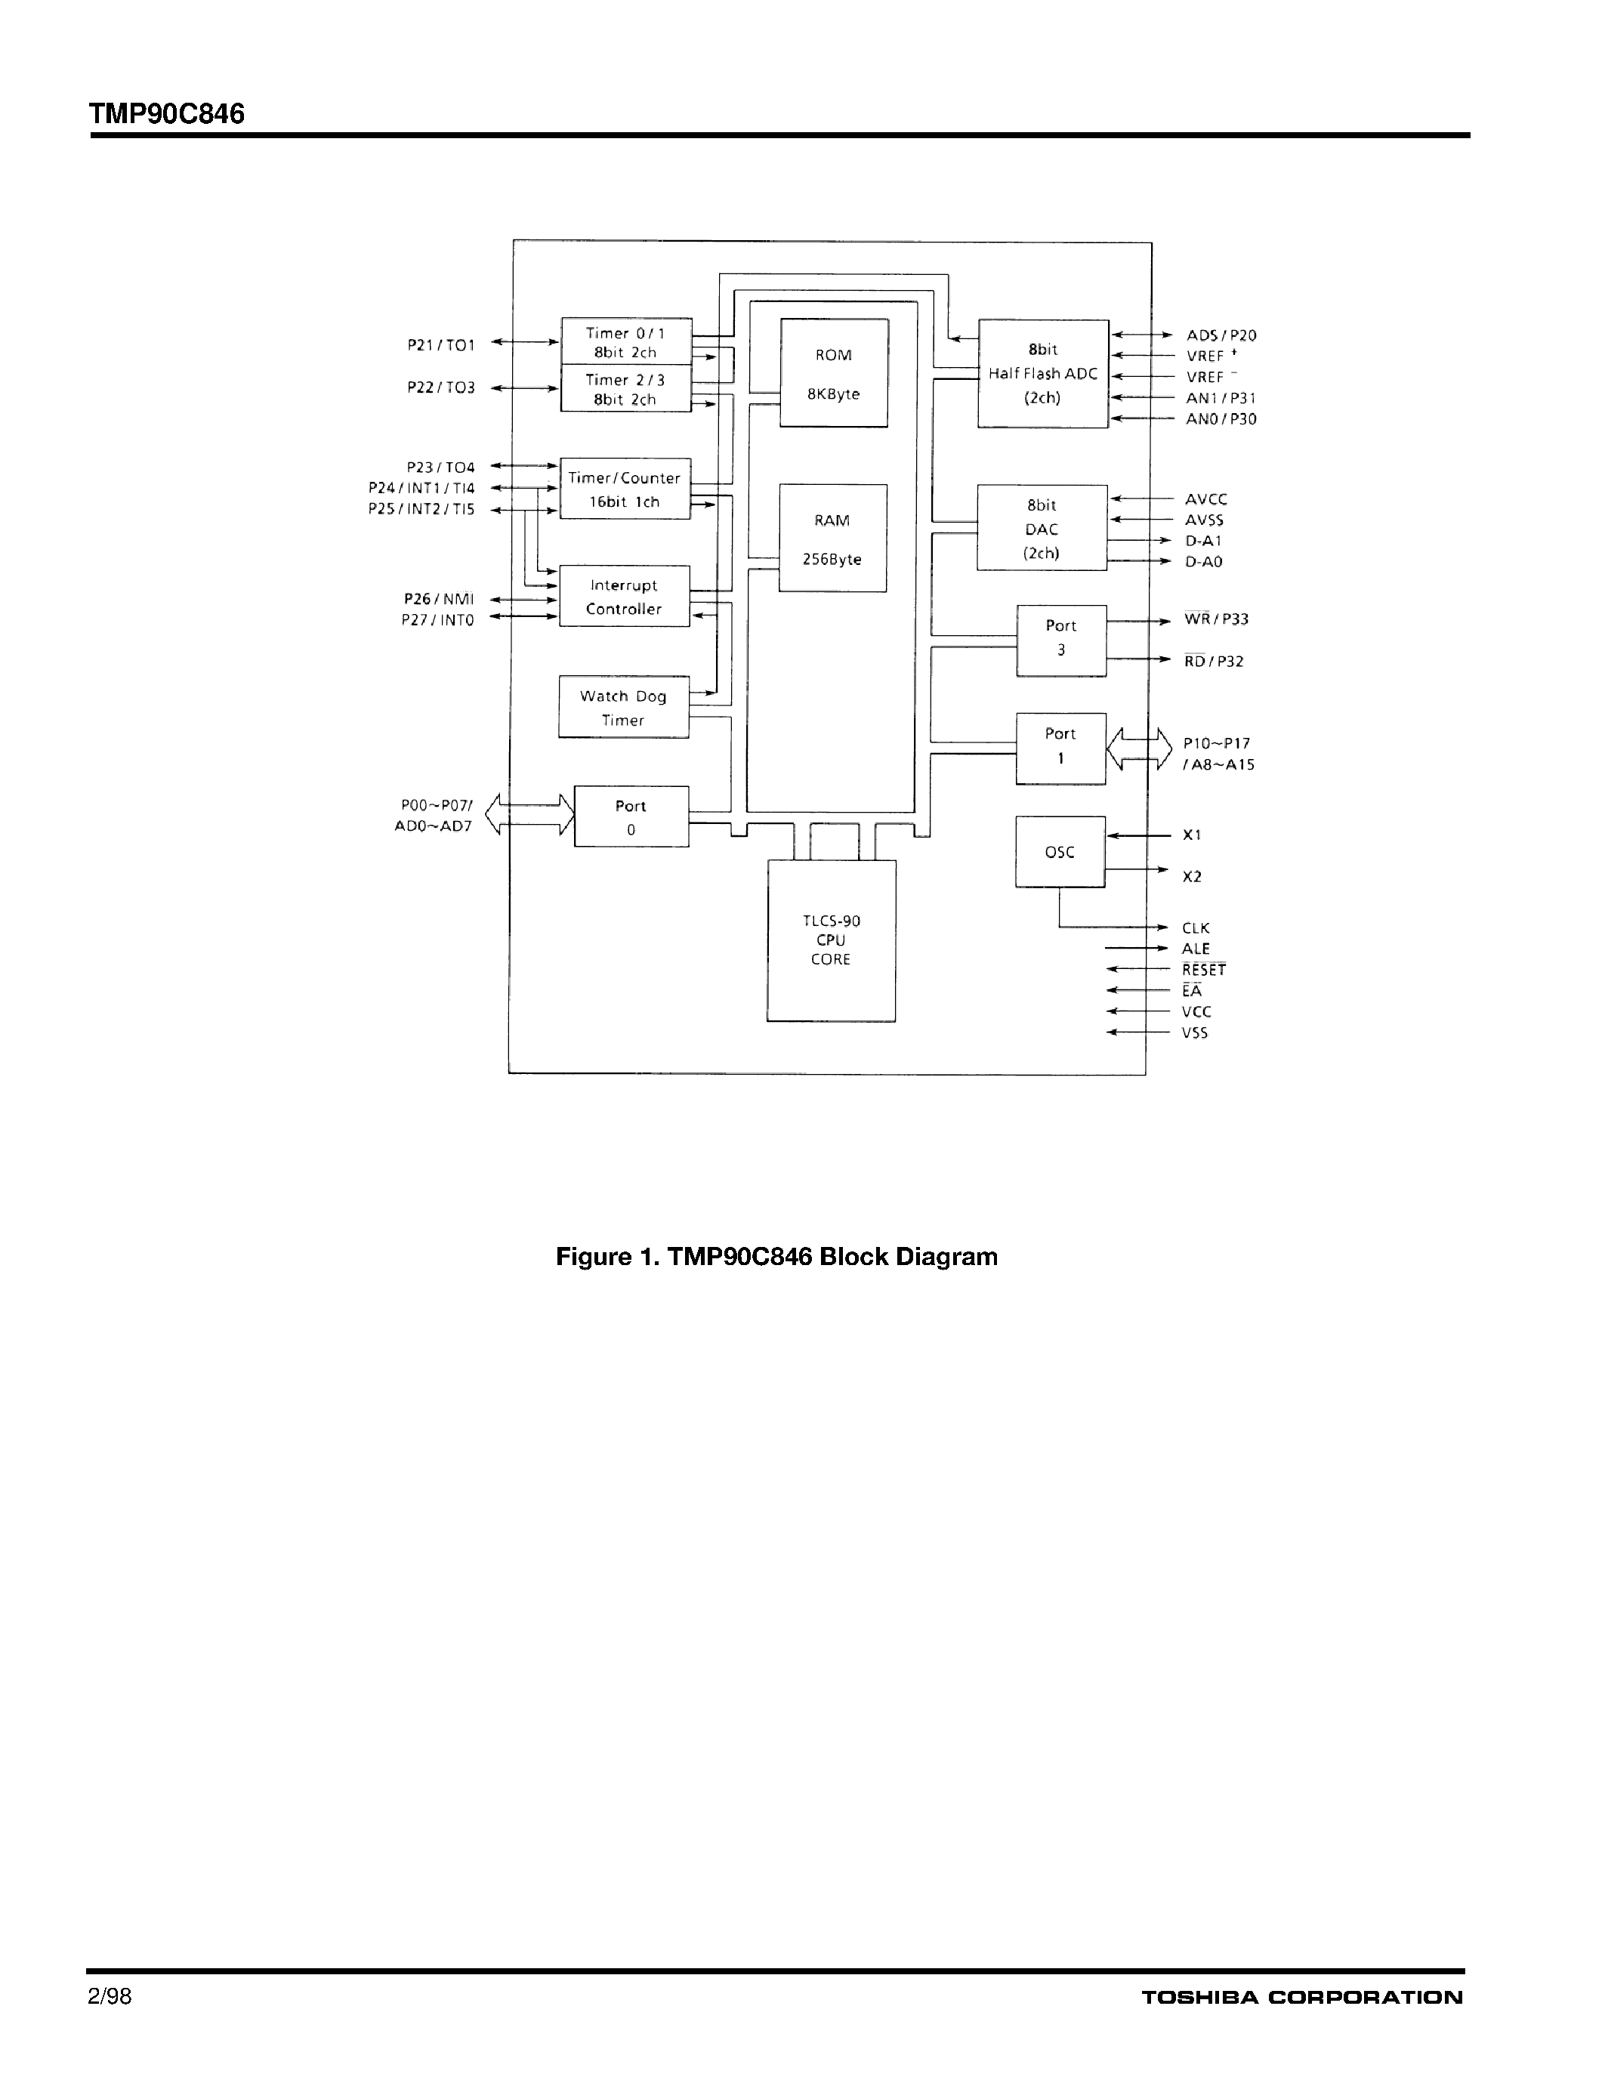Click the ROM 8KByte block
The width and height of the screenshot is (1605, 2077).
[834, 373]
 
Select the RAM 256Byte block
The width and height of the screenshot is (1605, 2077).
[833, 539]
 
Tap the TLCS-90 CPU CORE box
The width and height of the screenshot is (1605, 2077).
[831, 940]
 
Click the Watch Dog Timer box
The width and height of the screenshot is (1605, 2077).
[624, 708]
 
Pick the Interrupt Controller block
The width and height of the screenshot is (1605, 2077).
[624, 596]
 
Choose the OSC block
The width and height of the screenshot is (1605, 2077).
[1060, 852]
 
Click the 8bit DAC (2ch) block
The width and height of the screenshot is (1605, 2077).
[1042, 529]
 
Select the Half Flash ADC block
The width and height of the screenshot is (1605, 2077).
[1043, 374]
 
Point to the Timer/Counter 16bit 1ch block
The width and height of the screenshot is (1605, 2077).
[625, 489]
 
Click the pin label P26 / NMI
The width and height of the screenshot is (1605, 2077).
[438, 599]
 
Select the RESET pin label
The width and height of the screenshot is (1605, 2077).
[1204, 970]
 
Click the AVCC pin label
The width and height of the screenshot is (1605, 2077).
[1205, 499]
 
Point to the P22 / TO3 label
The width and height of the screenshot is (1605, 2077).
[441, 388]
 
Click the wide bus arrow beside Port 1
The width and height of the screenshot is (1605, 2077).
[1139, 748]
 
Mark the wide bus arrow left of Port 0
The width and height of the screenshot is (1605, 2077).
[529, 815]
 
